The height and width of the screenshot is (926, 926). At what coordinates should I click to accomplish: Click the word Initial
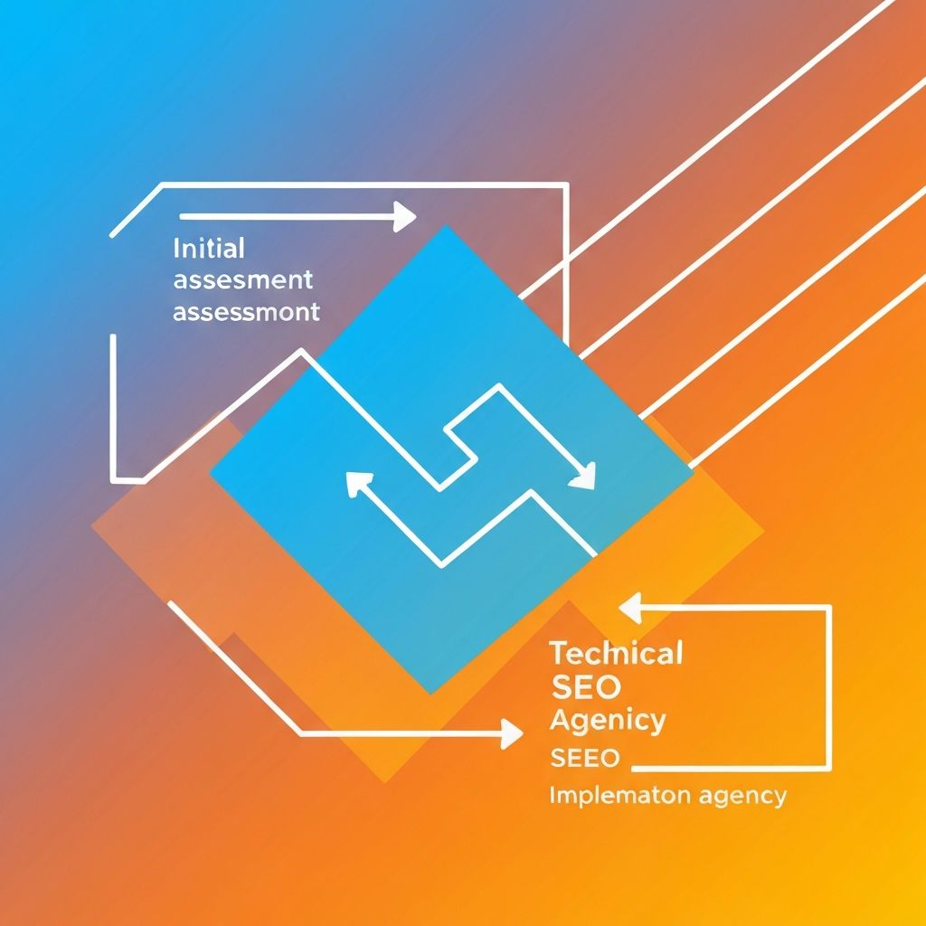[208, 247]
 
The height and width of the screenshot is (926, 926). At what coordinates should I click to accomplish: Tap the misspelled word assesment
[242, 279]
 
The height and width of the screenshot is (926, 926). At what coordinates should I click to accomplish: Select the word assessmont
[245, 313]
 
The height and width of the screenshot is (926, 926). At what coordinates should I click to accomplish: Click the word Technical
[616, 653]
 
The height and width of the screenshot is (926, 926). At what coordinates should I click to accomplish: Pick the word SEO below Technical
[586, 687]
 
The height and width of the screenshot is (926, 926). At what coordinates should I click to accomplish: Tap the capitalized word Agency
[607, 722]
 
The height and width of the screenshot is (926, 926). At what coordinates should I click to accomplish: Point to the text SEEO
[585, 758]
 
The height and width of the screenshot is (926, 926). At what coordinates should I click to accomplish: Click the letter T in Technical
[557, 653]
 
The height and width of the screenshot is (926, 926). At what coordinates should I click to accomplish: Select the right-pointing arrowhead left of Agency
[512, 733]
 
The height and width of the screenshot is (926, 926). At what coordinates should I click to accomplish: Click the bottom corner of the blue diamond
[431, 694]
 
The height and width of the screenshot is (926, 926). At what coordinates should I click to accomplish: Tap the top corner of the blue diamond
[445, 226]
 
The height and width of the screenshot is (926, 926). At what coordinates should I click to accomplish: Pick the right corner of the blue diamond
[694, 469]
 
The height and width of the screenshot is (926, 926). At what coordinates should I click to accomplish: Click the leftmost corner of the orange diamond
[93, 527]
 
